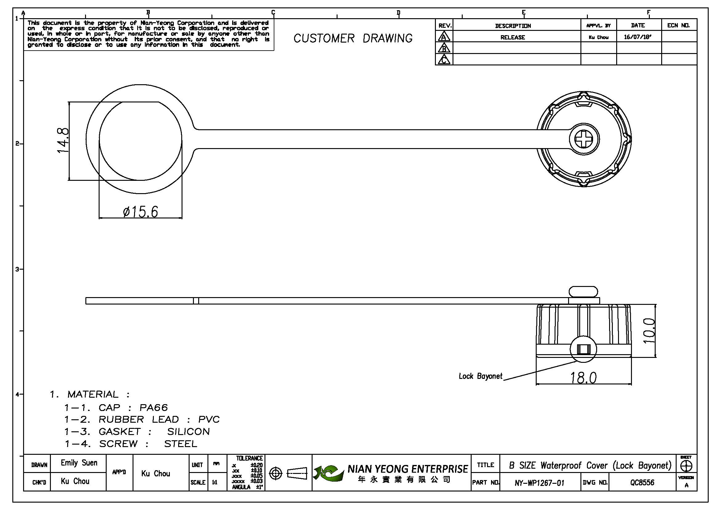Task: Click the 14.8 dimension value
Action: click(x=63, y=140)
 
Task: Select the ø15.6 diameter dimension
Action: click(x=140, y=211)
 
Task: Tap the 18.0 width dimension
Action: click(x=583, y=377)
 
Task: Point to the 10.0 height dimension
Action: click(x=649, y=330)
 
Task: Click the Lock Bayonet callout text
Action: click(x=481, y=376)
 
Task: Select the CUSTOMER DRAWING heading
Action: click(x=353, y=38)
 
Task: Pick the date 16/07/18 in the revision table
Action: click(x=637, y=37)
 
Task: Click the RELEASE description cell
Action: click(x=513, y=37)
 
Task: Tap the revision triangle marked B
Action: click(x=444, y=48)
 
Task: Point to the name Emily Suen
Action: click(x=79, y=463)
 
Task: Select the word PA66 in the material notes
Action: click(x=154, y=408)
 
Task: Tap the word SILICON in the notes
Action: click(x=188, y=432)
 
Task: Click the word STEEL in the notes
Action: click(x=181, y=444)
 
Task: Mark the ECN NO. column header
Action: click(x=678, y=25)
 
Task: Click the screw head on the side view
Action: click(x=583, y=292)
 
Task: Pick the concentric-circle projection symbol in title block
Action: click(x=276, y=473)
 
